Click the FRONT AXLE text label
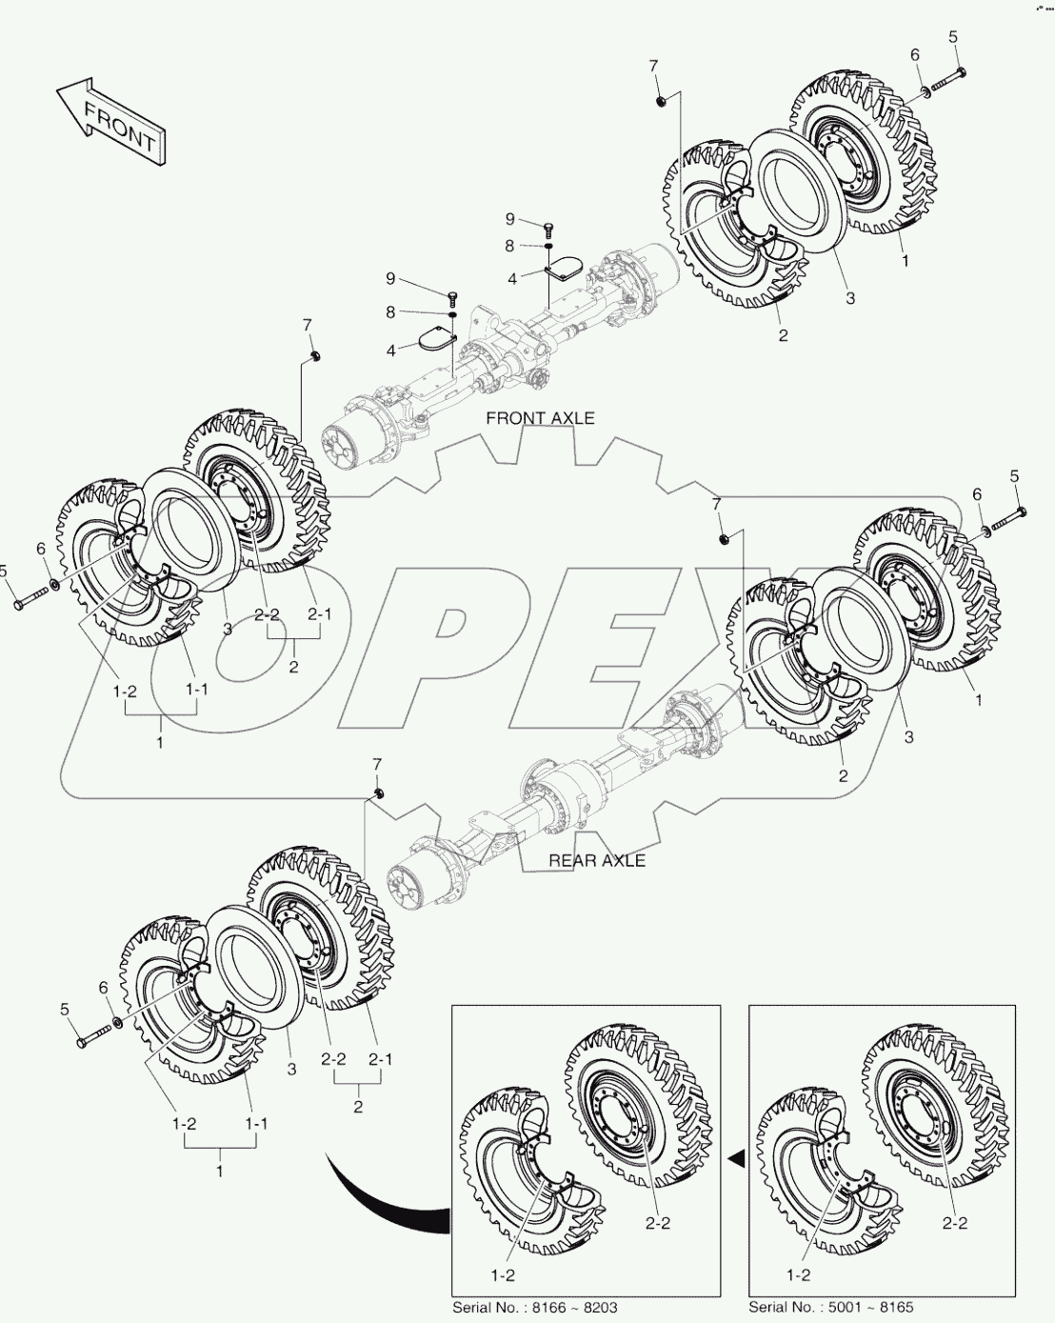coord(540,418)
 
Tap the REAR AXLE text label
coord(597,860)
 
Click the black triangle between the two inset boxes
coord(734,1159)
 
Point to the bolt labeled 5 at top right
coord(946,79)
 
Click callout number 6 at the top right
coord(916,55)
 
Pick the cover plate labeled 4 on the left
coord(434,339)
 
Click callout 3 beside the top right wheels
coord(849,298)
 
